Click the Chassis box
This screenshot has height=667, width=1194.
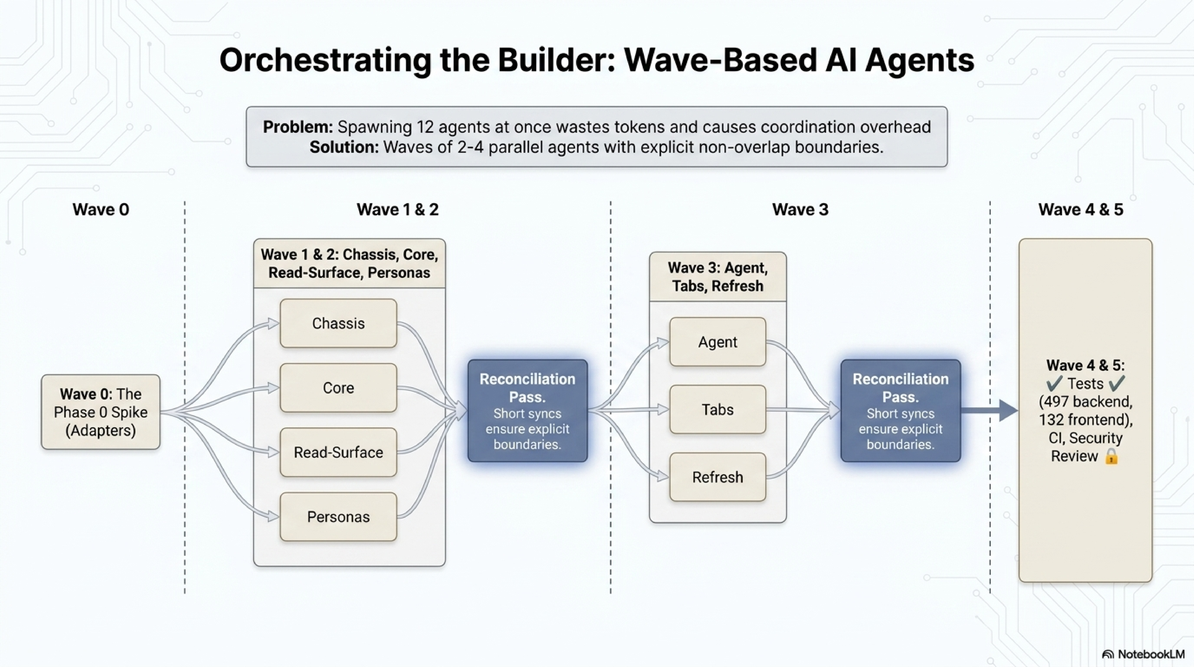[338, 323]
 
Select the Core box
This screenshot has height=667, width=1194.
[338, 388]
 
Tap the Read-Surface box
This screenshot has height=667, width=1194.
[338, 452]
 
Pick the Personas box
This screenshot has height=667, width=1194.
[338, 517]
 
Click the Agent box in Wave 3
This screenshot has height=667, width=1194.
[718, 342]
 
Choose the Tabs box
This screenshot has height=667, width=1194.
[718, 410]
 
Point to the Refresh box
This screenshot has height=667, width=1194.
[718, 477]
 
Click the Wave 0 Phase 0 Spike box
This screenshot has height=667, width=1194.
[101, 412]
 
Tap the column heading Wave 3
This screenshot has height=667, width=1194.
[800, 210]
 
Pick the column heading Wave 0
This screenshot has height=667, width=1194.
[101, 210]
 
